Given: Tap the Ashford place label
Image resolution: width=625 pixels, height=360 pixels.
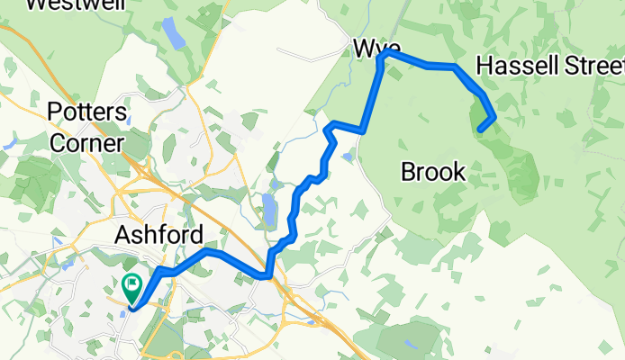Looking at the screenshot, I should [x=159, y=236].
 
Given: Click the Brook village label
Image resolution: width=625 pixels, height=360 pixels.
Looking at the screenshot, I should [x=432, y=171].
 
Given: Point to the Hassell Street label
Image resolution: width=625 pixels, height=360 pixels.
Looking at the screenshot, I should [x=549, y=67].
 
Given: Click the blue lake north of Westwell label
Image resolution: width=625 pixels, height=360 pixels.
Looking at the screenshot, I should [x=170, y=33].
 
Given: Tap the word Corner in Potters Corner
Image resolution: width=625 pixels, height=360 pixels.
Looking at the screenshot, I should [x=86, y=142].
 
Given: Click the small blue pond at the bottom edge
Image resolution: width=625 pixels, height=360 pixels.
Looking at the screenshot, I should [x=411, y=344].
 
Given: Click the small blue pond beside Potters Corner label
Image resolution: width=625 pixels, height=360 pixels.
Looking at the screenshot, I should [x=131, y=120].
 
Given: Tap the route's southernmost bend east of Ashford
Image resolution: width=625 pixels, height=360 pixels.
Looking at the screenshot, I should [x=267, y=276].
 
